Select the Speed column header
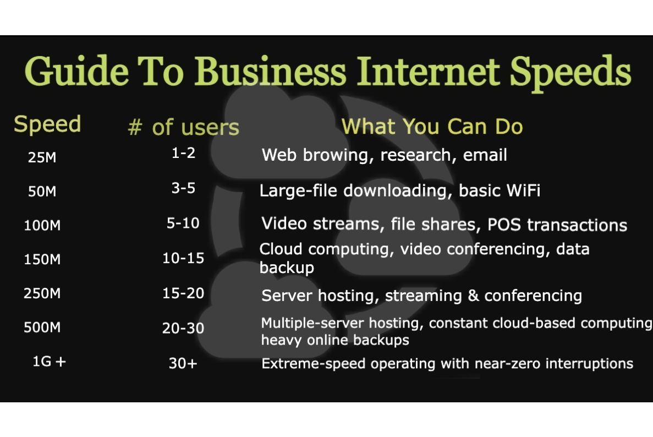point(47,124)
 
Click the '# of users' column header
point(183,127)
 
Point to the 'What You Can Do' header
point(432,127)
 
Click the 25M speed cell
point(42,157)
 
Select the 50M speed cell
point(42,192)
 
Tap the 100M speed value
point(42,225)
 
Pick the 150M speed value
point(42,259)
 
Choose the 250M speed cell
point(42,293)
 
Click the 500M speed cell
point(42,327)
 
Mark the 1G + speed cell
point(49,362)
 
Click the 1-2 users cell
point(183,154)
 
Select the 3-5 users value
point(183,188)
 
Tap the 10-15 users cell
point(183,258)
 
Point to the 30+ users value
point(183,364)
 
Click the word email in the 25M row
point(485,155)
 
